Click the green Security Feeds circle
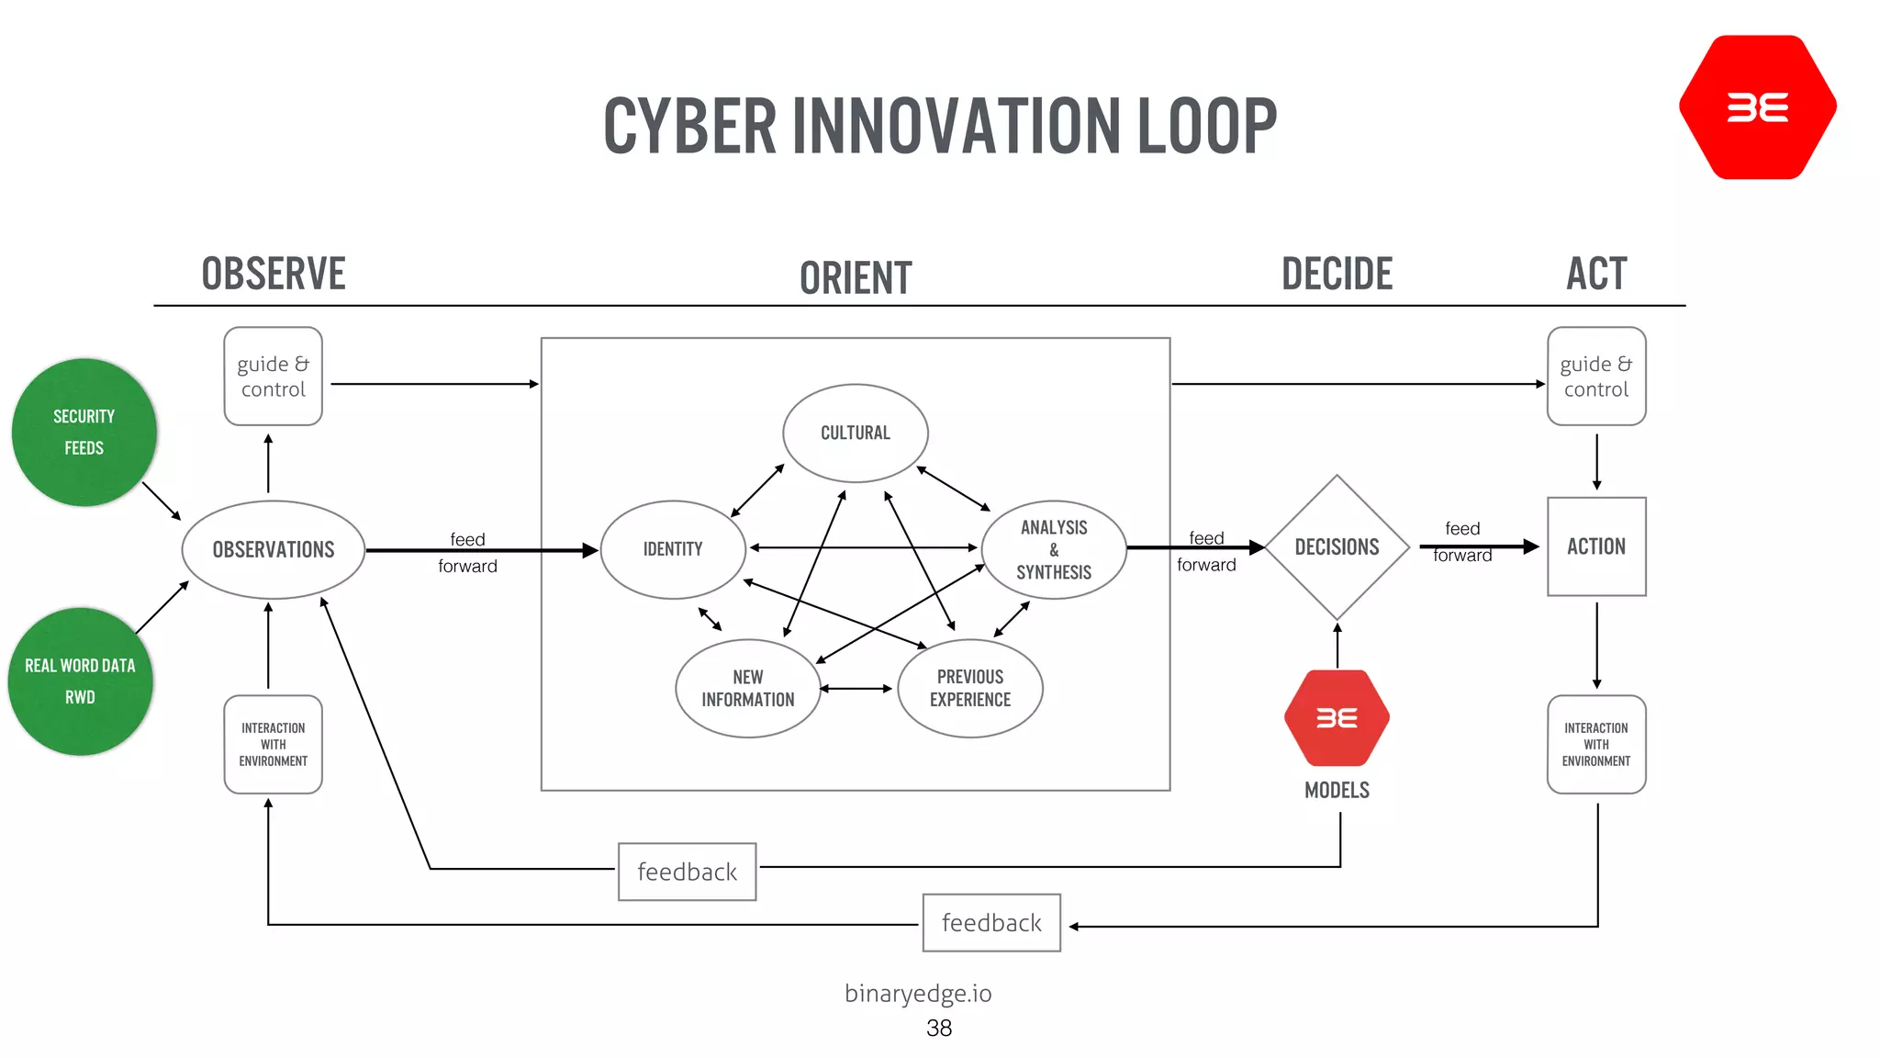pyautogui.click(x=84, y=432)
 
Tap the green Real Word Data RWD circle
pyautogui.click(x=80, y=681)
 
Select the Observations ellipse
pyautogui.click(x=274, y=549)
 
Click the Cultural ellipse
pyautogui.click(x=855, y=433)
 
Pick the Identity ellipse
pyautogui.click(x=673, y=549)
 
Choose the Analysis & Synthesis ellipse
pyautogui.click(x=1054, y=549)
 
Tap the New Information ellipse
pyautogui.click(x=748, y=688)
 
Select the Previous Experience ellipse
pyautogui.click(x=970, y=688)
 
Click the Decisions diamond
pyautogui.click(x=1337, y=547)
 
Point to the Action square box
pyautogui.click(x=1596, y=546)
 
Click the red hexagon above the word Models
pyautogui.click(x=1337, y=717)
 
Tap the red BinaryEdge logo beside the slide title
pyautogui.click(x=1757, y=107)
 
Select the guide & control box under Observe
pyautogui.click(x=274, y=377)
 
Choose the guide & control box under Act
pyautogui.click(x=1596, y=377)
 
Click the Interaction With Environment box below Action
pyautogui.click(x=1596, y=744)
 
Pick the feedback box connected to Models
pyautogui.click(x=687, y=872)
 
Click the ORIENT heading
pyautogui.click(x=856, y=278)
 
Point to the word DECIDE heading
pyautogui.click(x=1337, y=274)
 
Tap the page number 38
pyautogui.click(x=938, y=1028)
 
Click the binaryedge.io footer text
pyautogui.click(x=918, y=993)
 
